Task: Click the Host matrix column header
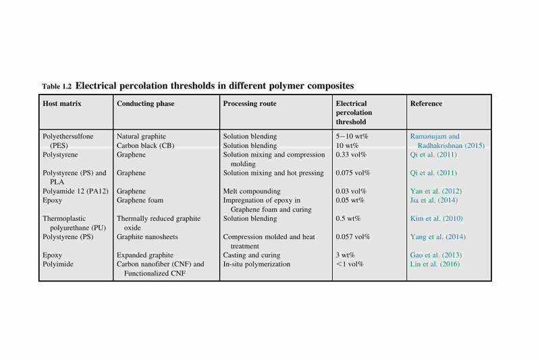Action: pos(62,103)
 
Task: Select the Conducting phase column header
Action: pos(145,104)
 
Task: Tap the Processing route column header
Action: pos(250,104)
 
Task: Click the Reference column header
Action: pos(426,103)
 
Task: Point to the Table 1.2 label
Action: pos(57,86)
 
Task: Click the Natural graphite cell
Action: pos(141,136)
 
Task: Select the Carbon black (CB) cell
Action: pos(145,145)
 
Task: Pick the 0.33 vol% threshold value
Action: pos(351,155)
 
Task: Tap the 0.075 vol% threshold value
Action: pos(352,173)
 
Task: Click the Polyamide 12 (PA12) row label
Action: pos(76,191)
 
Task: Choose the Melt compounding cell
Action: pos(252,191)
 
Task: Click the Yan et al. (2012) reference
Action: pos(436,191)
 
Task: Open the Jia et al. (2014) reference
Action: pos(434,200)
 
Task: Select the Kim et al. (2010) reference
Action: pos(436,218)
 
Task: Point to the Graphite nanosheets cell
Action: pos(147,236)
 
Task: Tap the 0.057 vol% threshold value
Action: pos(352,236)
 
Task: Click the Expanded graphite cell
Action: pos(145,255)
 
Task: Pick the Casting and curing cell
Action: pos(252,255)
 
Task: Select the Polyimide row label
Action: pos(58,264)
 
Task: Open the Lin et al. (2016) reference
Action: pos(435,264)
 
